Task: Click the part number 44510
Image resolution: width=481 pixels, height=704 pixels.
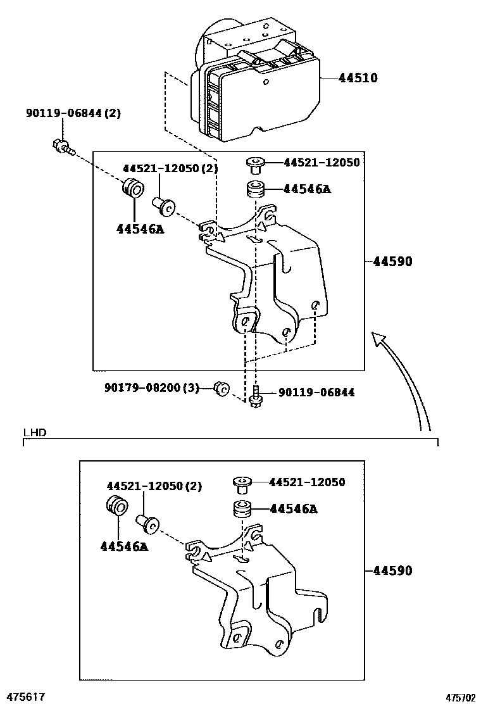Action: click(358, 78)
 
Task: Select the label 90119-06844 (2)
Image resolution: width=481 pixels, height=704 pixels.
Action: click(73, 113)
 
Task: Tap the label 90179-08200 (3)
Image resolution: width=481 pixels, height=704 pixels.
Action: click(152, 387)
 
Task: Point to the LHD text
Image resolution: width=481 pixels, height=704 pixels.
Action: click(35, 433)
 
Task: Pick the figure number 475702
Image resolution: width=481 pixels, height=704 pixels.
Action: click(460, 697)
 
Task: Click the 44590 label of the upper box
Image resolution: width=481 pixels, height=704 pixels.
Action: click(392, 261)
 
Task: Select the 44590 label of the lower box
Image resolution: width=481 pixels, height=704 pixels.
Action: click(392, 570)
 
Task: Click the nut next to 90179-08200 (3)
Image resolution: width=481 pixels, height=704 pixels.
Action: click(222, 389)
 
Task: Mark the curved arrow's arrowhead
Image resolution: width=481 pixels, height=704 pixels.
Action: click(378, 339)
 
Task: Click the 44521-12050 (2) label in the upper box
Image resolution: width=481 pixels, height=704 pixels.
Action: click(170, 168)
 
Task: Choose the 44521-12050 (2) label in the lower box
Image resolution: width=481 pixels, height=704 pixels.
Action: click(154, 486)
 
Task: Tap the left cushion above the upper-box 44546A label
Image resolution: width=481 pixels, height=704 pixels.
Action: click(134, 187)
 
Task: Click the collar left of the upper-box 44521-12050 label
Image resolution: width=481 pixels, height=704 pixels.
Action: click(255, 165)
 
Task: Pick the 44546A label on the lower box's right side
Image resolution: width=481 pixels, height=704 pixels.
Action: click(294, 509)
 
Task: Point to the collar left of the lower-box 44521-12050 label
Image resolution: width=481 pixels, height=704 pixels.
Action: click(241, 484)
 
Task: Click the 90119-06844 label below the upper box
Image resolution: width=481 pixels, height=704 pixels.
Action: click(316, 393)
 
